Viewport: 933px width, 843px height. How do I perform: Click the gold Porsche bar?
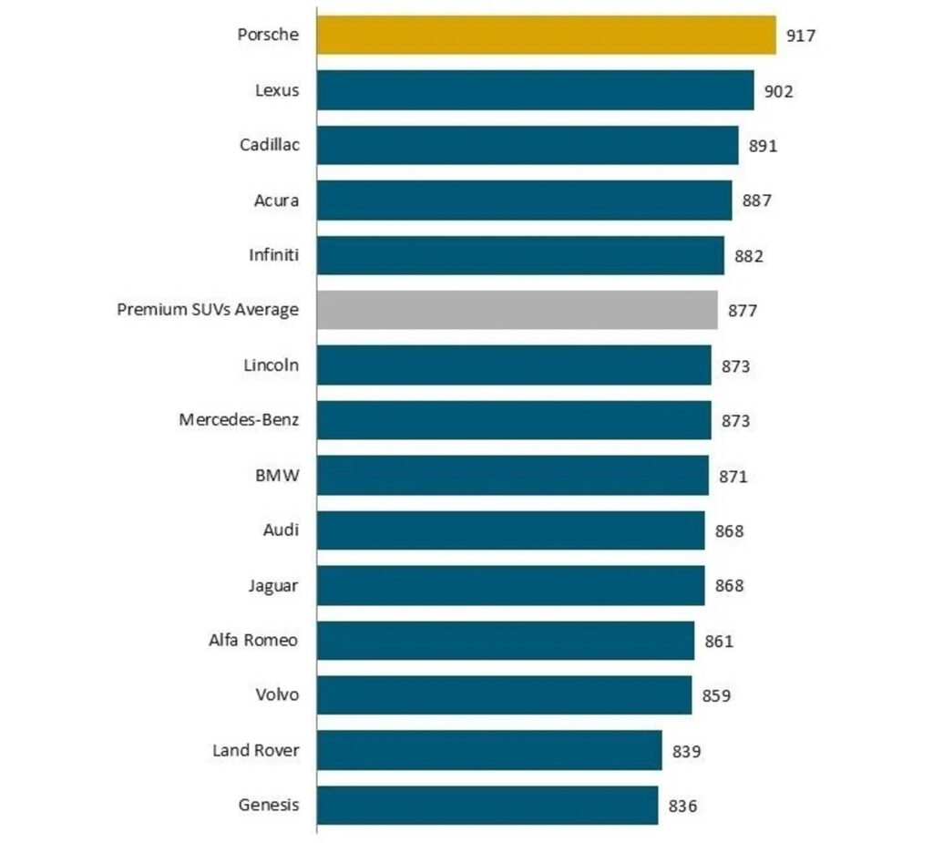coord(546,35)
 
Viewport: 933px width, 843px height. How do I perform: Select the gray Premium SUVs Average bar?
coord(517,310)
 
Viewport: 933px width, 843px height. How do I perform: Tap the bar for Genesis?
coord(487,806)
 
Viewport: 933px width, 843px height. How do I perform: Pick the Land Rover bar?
coord(489,750)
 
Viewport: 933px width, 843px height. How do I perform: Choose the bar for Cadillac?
coord(528,145)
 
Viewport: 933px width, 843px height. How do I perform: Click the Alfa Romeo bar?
coord(506,641)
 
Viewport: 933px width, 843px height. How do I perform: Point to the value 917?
coord(801,36)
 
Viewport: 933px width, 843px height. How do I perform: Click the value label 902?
coord(779,91)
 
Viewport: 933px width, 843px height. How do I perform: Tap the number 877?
coord(743,311)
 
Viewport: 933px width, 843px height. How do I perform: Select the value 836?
coord(683,807)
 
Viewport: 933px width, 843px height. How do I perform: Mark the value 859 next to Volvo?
coord(716,696)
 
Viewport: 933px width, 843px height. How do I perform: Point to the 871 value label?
coord(733,476)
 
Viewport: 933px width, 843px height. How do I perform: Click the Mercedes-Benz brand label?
coord(239,420)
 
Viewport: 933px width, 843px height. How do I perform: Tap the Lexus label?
coord(277,90)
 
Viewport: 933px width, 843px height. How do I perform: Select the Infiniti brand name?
coord(273,255)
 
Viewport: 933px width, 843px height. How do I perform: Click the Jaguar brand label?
coord(272,586)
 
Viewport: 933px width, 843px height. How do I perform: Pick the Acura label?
coord(276,200)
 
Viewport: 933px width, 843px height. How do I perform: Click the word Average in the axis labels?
coord(266,310)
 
